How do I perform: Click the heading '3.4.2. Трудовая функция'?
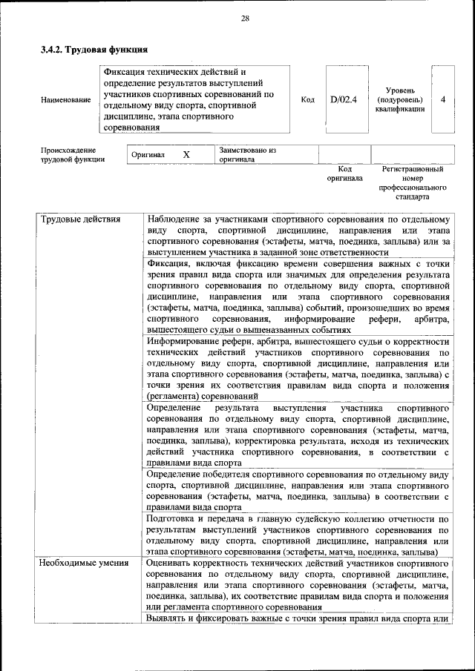click(x=94, y=50)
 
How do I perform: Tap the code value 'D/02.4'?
click(x=344, y=99)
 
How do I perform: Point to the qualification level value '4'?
click(x=443, y=99)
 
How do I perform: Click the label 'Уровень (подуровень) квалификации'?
click(x=400, y=99)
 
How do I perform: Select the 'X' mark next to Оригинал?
click(x=186, y=154)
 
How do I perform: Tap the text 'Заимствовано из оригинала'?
click(x=248, y=154)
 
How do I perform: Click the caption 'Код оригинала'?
click(x=344, y=173)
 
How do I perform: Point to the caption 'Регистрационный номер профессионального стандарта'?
click(x=413, y=183)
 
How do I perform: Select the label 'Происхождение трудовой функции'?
click(x=73, y=154)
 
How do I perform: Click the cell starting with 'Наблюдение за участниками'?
click(x=298, y=236)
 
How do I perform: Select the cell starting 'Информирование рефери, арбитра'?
click(x=298, y=369)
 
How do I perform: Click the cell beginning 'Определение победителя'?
click(x=298, y=490)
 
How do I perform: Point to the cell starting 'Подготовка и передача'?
click(x=298, y=535)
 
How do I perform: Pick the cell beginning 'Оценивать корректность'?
click(x=298, y=586)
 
